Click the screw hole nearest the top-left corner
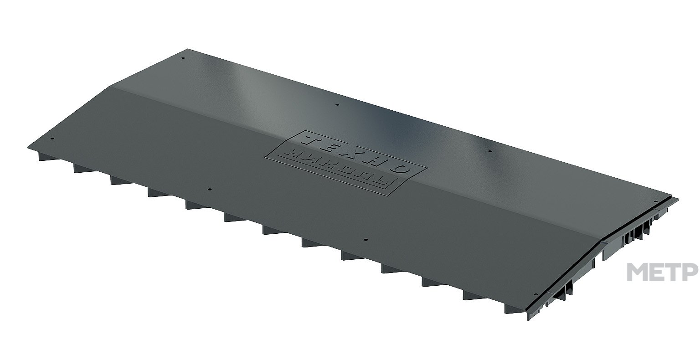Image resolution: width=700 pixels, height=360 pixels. (x=183, y=58)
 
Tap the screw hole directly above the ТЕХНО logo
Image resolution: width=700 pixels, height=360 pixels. (x=337, y=105)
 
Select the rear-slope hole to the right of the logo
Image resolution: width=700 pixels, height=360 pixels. (x=490, y=151)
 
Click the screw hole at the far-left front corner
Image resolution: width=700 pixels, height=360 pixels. (x=52, y=139)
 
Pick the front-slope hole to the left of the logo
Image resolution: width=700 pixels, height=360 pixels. (x=209, y=190)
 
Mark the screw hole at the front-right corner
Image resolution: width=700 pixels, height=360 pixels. (x=535, y=294)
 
